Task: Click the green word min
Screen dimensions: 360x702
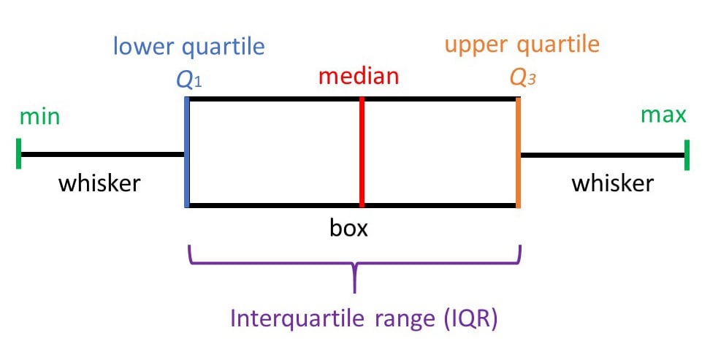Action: coord(40,117)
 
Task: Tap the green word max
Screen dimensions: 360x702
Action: coord(663,115)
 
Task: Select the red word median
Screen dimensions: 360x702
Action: coord(359,76)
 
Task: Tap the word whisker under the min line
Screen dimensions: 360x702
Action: coord(99,183)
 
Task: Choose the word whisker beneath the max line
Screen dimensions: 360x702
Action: coord(612,183)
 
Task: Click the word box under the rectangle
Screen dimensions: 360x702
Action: coord(348,229)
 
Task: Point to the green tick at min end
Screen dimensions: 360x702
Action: coord(18,154)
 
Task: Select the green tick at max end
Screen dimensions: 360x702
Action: coord(687,154)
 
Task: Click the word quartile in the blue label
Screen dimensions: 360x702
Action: coord(224,47)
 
